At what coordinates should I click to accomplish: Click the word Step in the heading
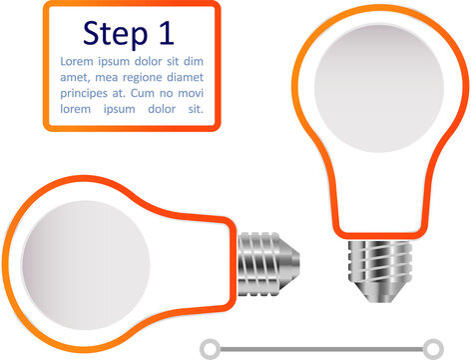pyautogui.click(x=114, y=33)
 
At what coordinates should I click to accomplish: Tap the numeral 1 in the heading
pyautogui.click(x=166, y=33)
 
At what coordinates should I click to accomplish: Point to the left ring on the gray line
pyautogui.click(x=210, y=348)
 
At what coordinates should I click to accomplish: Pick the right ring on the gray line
pyautogui.click(x=432, y=348)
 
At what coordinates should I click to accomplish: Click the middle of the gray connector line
pyautogui.click(x=320, y=348)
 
